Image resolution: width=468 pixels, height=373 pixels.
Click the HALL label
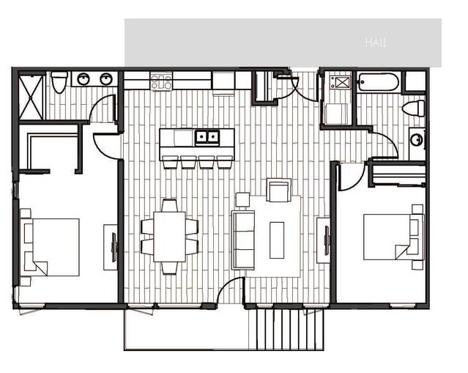376,43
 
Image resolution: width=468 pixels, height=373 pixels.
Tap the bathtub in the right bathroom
378,82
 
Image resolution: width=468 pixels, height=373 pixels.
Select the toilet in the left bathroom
59,81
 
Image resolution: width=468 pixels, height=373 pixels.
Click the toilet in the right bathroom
413,108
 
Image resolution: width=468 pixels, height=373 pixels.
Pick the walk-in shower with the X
31,97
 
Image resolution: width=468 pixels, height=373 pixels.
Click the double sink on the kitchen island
207,138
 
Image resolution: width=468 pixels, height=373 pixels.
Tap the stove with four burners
161,81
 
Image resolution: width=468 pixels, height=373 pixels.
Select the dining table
169,237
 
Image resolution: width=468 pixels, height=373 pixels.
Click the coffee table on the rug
277,240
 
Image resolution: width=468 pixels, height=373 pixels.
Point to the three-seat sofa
243,240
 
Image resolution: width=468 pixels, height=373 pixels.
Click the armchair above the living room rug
278,191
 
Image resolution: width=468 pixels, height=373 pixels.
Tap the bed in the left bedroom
50,247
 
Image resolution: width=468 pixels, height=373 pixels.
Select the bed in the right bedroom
394,237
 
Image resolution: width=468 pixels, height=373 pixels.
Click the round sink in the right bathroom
416,139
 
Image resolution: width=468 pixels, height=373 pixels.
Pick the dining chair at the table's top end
169,205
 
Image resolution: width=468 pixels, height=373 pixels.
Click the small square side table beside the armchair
242,200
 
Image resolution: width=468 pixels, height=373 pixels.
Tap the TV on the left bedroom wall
114,248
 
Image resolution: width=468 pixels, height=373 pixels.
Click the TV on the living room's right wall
327,240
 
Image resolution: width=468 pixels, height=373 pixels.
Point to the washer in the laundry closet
338,114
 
